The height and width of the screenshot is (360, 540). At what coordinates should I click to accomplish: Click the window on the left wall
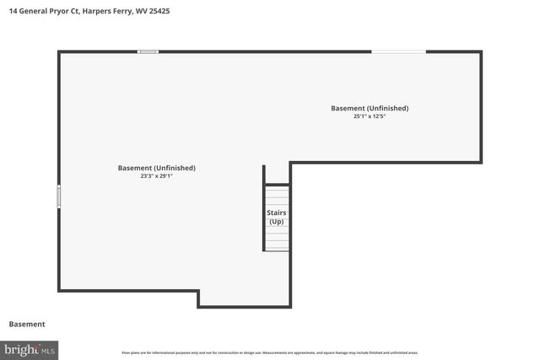[58, 196]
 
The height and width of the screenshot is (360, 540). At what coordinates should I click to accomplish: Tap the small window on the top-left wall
[148, 52]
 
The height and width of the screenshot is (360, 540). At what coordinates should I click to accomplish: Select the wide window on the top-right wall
[398, 52]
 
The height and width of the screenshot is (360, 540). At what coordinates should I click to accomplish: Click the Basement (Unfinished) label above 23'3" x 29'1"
[156, 168]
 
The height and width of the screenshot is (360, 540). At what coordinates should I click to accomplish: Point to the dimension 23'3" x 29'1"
[156, 176]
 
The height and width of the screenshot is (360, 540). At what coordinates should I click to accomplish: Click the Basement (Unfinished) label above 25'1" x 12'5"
[370, 108]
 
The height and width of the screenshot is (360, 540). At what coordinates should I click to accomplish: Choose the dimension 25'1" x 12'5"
[370, 116]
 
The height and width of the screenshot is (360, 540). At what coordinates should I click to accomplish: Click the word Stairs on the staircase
[277, 213]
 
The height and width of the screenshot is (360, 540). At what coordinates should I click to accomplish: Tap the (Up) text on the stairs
[277, 222]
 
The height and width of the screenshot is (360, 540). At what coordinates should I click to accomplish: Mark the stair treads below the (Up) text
[277, 239]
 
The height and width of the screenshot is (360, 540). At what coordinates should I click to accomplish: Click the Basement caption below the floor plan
[27, 325]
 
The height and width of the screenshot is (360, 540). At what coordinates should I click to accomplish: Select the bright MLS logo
[30, 349]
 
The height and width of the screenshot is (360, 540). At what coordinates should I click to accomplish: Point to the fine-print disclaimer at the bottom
[270, 352]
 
